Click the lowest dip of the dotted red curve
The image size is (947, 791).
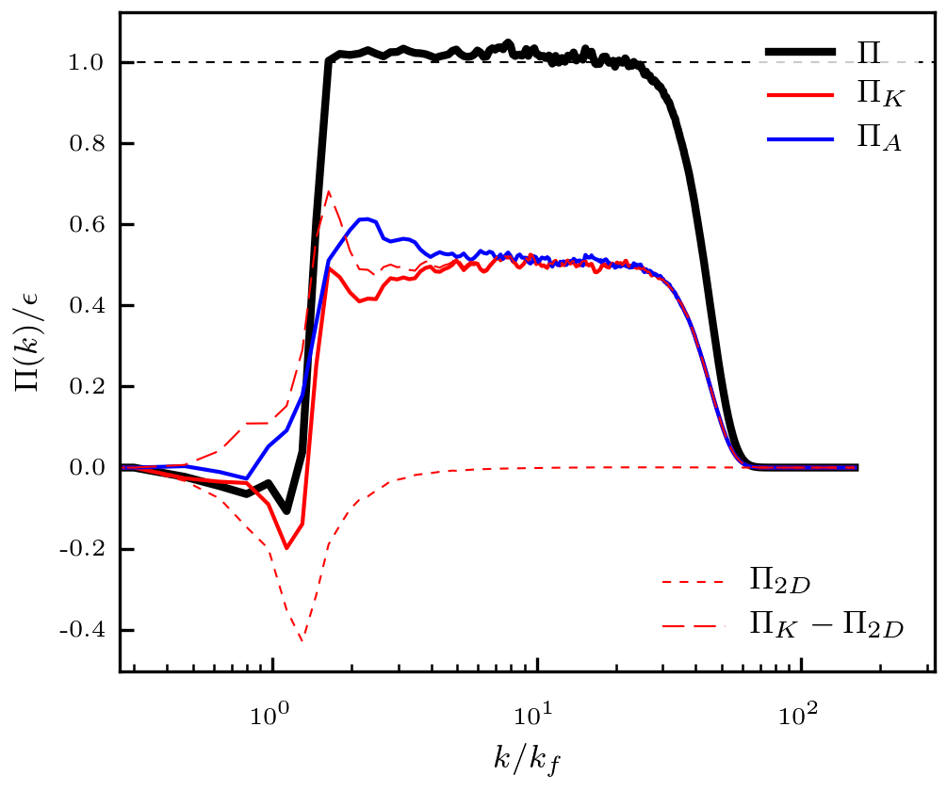tap(302, 641)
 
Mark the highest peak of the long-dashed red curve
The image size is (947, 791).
tap(328, 192)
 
